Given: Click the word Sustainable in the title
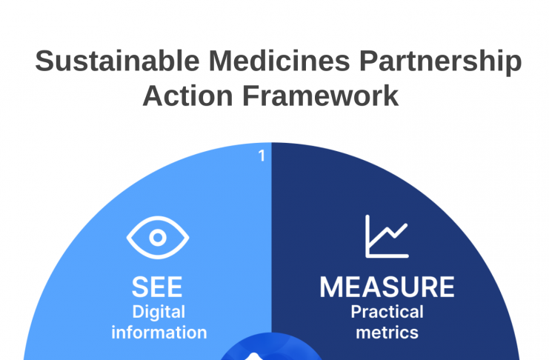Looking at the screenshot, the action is pos(117,61).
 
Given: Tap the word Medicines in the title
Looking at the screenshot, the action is pos(279,61).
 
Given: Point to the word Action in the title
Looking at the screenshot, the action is pos(187,96).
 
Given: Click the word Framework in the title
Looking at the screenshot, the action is pos(320,96).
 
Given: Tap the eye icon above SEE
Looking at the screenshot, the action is pos(158,238).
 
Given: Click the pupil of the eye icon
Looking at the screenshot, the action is pos(158,238).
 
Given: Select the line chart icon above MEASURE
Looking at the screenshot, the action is pos(387,236).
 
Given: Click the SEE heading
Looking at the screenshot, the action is pos(157,287).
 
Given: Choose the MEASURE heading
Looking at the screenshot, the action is pos(387,287).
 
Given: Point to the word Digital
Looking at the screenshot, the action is pos(159,313).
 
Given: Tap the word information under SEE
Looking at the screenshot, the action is pos(159,333).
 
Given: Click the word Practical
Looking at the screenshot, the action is pos(387,312).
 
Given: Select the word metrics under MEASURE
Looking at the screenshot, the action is pos(387,333).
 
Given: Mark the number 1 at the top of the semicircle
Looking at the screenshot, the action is pos(262,156).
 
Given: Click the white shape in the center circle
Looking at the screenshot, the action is pos(253,356).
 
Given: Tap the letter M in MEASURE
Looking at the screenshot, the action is pos(330,287).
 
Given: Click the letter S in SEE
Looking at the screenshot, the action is pos(140,287).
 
